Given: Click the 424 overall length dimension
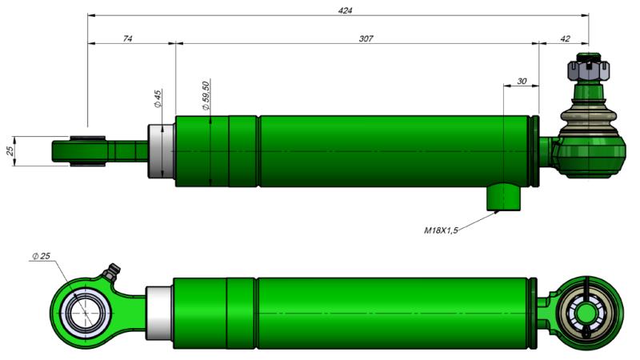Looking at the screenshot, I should pyautogui.click(x=346, y=10).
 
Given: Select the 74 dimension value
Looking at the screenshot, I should pyautogui.click(x=128, y=38).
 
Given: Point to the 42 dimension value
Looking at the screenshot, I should pyautogui.click(x=566, y=38).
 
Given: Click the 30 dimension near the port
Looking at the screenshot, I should pyautogui.click(x=522, y=81).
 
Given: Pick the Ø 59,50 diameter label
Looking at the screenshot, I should pyautogui.click(x=206, y=96).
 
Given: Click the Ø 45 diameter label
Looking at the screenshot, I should pyautogui.click(x=158, y=98).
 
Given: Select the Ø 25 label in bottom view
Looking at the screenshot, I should pyautogui.click(x=41, y=255).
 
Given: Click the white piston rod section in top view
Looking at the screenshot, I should pyautogui.click(x=162, y=152).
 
